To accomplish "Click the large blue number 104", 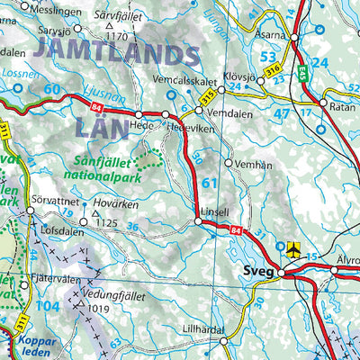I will click(x=49, y=308).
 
